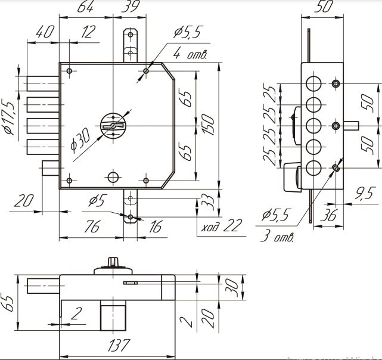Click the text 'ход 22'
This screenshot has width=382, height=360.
tap(222, 226)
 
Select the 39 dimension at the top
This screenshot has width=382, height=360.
tap(128, 8)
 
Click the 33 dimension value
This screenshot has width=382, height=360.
tap(208, 201)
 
